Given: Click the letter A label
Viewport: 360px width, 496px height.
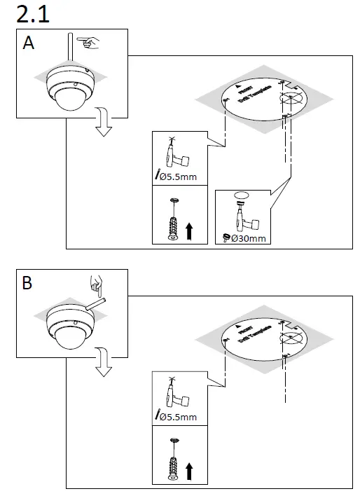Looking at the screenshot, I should pos(29,43).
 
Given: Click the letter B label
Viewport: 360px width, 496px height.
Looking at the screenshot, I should pos(28,284).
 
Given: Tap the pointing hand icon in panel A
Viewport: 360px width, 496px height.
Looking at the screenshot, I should pos(88,43).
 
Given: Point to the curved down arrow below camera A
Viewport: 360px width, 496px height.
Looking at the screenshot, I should pos(104,124).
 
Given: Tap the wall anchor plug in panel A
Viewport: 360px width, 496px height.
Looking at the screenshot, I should pos(172,224).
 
